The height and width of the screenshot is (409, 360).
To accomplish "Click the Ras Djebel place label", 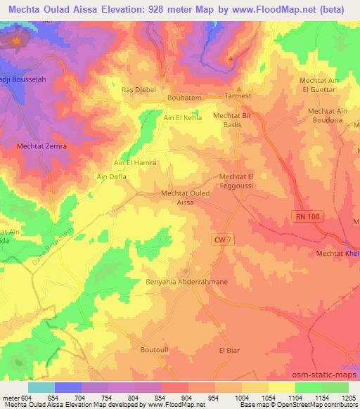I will coord(138,90).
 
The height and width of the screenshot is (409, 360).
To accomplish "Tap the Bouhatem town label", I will coord(184,99).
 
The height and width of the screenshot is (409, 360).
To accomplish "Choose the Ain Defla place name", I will coord(111,178).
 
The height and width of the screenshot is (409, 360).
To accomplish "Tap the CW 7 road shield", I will coord(223,240).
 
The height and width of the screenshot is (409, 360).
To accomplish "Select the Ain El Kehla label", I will coord(183,118).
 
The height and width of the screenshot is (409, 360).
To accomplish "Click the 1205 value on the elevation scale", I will coord(349,398).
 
